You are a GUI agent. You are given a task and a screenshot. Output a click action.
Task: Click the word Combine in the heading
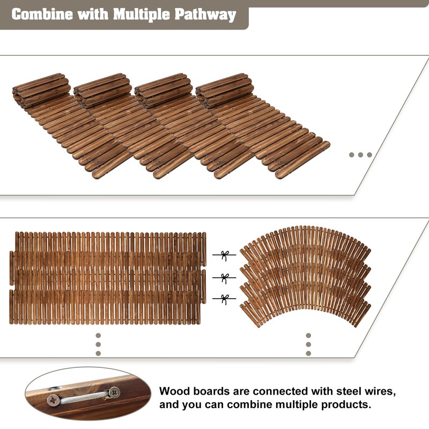click(x=42, y=14)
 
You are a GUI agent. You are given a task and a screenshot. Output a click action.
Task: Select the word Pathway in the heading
click(x=205, y=15)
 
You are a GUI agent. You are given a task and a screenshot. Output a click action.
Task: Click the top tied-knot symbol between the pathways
click(x=224, y=255)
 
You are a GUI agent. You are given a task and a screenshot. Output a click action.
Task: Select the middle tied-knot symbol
click(x=224, y=278)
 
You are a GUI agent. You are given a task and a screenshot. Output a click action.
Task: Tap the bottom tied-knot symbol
click(x=224, y=299)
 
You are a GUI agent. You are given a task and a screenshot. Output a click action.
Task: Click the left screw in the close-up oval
click(x=53, y=400)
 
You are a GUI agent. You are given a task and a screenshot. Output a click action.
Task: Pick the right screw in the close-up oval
click(x=114, y=393)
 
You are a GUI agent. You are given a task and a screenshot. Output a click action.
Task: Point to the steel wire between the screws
click(x=84, y=397)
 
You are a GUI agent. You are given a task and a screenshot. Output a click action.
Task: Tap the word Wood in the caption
click(x=175, y=391)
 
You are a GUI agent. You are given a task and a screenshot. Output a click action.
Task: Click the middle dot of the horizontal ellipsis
click(x=360, y=155)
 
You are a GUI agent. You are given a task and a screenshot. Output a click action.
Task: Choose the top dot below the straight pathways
click(x=98, y=336)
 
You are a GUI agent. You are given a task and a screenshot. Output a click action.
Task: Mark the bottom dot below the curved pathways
click(x=308, y=353)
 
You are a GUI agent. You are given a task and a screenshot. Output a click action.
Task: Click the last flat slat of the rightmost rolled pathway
click(x=302, y=160)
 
